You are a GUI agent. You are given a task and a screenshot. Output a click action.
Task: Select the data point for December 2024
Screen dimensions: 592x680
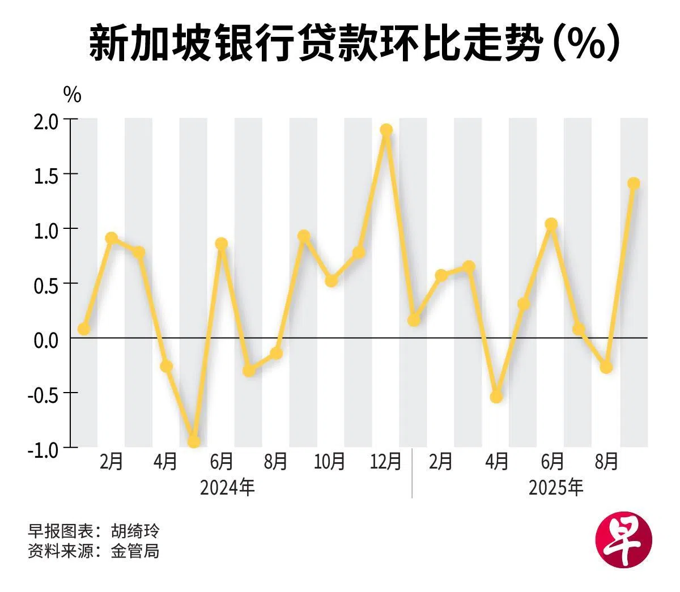pos(386,130)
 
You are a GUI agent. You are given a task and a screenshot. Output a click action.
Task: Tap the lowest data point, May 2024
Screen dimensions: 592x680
pos(194,441)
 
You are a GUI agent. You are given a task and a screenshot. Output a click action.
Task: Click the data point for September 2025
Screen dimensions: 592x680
pos(634,184)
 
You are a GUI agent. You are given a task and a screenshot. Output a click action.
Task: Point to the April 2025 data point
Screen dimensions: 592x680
pos(496,397)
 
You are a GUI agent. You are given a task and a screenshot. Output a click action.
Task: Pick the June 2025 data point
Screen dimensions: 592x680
pos(551,224)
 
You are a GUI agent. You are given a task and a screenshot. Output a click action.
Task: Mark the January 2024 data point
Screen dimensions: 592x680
pos(84,329)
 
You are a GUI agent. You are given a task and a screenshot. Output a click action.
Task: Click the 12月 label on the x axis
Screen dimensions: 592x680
pos(386,462)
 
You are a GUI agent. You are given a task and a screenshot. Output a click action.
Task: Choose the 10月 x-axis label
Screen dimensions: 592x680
pos(330,462)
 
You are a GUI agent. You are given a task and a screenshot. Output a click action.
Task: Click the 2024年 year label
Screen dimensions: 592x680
pos(227,487)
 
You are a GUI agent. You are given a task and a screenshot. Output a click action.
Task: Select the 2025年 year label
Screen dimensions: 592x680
pos(556,487)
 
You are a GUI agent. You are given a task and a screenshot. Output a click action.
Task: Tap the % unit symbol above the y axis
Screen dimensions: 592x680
pos(72,95)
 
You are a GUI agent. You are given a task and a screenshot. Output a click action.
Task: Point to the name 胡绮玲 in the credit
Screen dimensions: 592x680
pos(135,531)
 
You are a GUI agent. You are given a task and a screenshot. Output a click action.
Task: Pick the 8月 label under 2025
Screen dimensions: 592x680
pos(606,462)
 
